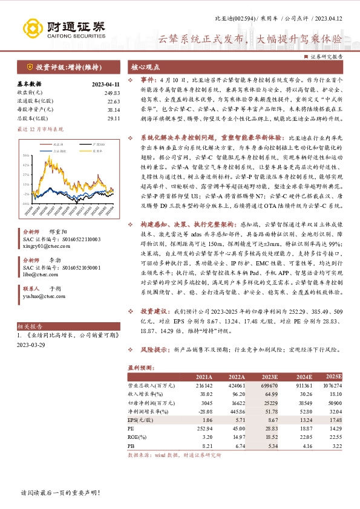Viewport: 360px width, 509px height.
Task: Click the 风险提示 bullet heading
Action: (x=156, y=350)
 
